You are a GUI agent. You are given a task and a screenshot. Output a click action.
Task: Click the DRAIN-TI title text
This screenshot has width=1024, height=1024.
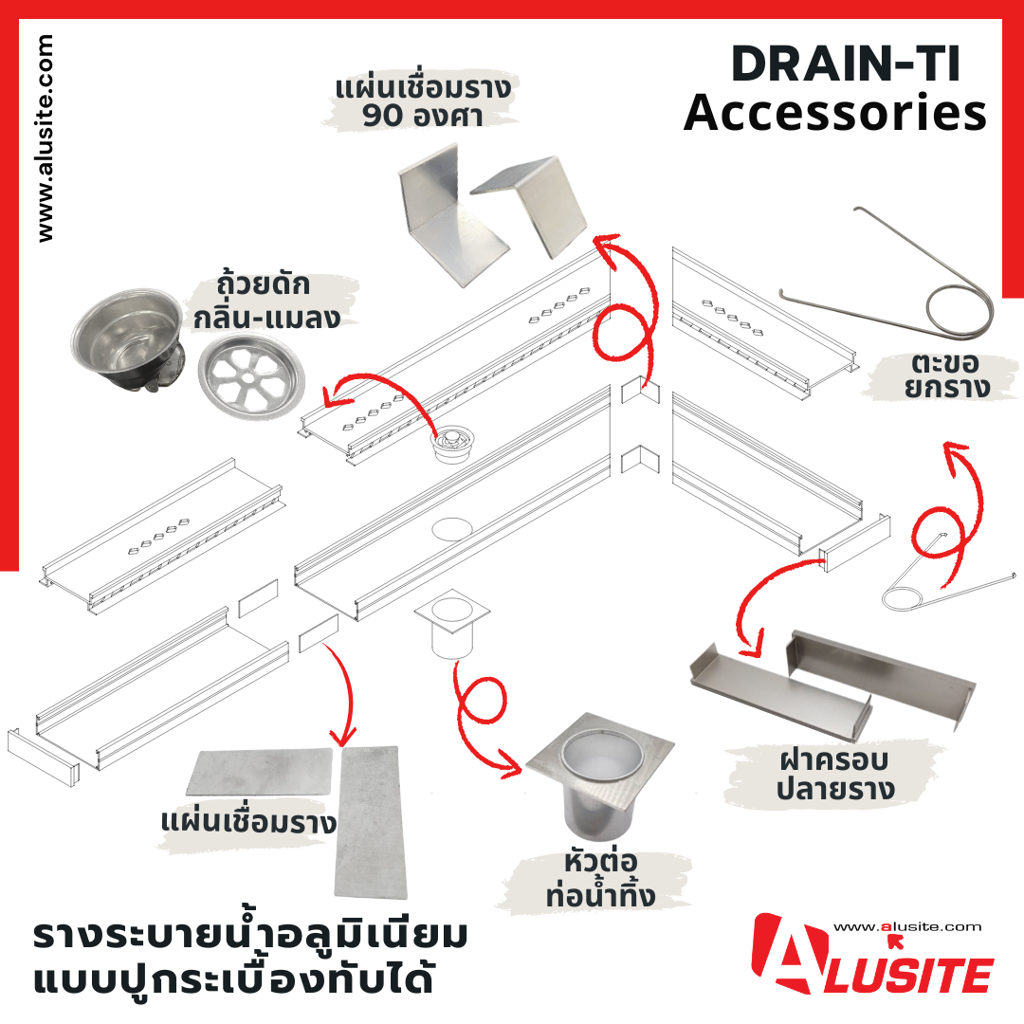coord(846,64)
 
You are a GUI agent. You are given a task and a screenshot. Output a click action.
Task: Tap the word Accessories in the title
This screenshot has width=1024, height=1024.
coord(835,112)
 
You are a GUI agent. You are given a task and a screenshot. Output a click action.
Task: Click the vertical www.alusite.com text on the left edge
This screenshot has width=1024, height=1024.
coord(45,138)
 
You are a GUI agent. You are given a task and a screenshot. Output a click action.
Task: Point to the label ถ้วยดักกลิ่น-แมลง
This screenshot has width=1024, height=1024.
coord(266,302)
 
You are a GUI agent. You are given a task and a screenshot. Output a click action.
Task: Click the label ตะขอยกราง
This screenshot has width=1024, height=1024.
coord(946,375)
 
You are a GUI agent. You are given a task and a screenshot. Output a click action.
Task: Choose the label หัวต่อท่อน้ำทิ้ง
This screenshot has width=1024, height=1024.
coord(600,878)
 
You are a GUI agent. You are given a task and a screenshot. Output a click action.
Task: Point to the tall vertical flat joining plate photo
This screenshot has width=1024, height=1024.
coord(370,821)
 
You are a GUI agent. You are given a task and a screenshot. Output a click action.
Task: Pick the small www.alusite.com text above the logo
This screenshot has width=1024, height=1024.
coord(907,926)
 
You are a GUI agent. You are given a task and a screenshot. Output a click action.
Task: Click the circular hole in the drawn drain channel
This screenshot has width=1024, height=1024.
coord(451,529)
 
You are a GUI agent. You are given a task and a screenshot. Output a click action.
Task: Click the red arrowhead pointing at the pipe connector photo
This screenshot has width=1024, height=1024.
coord(511,766)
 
